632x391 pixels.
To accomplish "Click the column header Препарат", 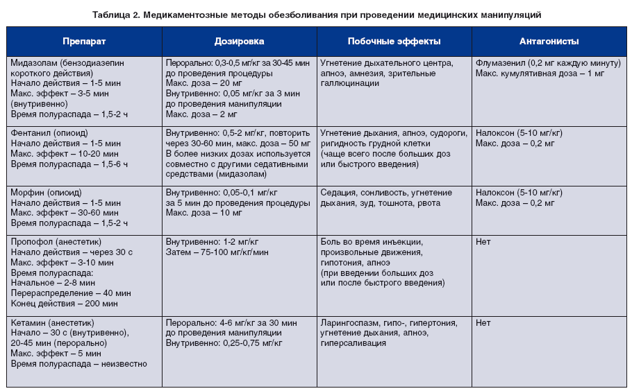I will click(x=84, y=42).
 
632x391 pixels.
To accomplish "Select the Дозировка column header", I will click(x=240, y=42).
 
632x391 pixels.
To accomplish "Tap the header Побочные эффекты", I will click(x=394, y=42).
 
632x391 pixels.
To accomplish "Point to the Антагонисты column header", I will click(x=549, y=42).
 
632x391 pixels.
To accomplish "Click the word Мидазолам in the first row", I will click(x=34, y=62).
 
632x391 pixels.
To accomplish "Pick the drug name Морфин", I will click(x=28, y=192).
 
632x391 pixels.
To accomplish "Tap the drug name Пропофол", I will click(x=31, y=242).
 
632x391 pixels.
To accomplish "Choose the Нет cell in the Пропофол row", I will click(x=483, y=242).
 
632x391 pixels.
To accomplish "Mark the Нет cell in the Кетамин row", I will click(x=483, y=322).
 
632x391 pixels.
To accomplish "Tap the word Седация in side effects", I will click(x=339, y=192).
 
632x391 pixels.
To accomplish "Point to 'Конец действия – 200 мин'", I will click(x=64, y=304).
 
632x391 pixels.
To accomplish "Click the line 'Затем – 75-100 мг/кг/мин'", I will click(x=217, y=252).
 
